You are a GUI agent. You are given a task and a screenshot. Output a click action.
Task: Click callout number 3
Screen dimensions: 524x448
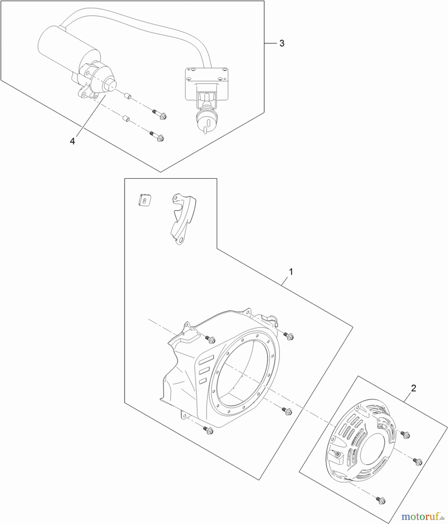[282, 43]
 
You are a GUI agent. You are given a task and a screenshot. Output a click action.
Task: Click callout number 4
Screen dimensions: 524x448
[72, 141]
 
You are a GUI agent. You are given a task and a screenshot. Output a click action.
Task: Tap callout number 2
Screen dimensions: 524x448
[413, 388]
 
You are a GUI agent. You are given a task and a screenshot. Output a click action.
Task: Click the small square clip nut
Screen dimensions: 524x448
[144, 200]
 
